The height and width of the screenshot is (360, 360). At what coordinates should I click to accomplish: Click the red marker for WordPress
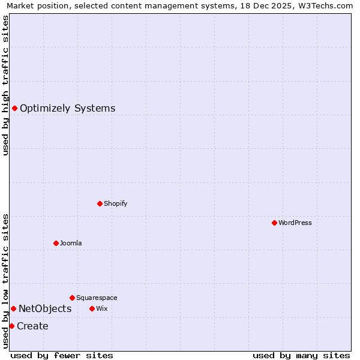tap(274, 223)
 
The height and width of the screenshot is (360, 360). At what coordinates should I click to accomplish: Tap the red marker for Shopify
tap(100, 203)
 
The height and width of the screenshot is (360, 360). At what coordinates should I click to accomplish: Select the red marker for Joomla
tap(56, 243)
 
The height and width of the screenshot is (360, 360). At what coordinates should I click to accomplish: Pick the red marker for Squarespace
tap(72, 298)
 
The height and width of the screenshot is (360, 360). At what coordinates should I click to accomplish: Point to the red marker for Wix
tap(92, 308)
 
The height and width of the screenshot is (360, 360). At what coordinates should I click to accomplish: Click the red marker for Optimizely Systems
tap(14, 108)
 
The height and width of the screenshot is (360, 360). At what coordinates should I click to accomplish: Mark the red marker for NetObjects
tap(13, 308)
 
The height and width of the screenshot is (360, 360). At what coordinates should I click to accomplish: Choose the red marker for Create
tap(11, 326)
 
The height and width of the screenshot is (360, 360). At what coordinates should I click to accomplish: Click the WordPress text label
tap(295, 223)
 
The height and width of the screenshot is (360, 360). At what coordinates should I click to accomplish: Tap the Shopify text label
tap(115, 203)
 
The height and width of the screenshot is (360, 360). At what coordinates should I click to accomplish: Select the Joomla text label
tap(70, 243)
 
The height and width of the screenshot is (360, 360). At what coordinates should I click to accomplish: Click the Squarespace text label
tap(97, 298)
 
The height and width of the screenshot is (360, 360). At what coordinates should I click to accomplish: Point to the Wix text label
tap(101, 308)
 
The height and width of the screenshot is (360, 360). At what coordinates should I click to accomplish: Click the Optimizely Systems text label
tap(67, 109)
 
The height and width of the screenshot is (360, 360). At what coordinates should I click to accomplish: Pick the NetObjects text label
tap(45, 309)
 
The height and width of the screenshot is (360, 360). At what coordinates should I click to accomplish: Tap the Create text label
tap(32, 326)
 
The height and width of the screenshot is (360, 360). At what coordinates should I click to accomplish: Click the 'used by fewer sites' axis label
tap(62, 355)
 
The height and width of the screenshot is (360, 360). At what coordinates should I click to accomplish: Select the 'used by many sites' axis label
tap(301, 355)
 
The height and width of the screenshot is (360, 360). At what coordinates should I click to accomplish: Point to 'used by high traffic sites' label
tap(5, 85)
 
